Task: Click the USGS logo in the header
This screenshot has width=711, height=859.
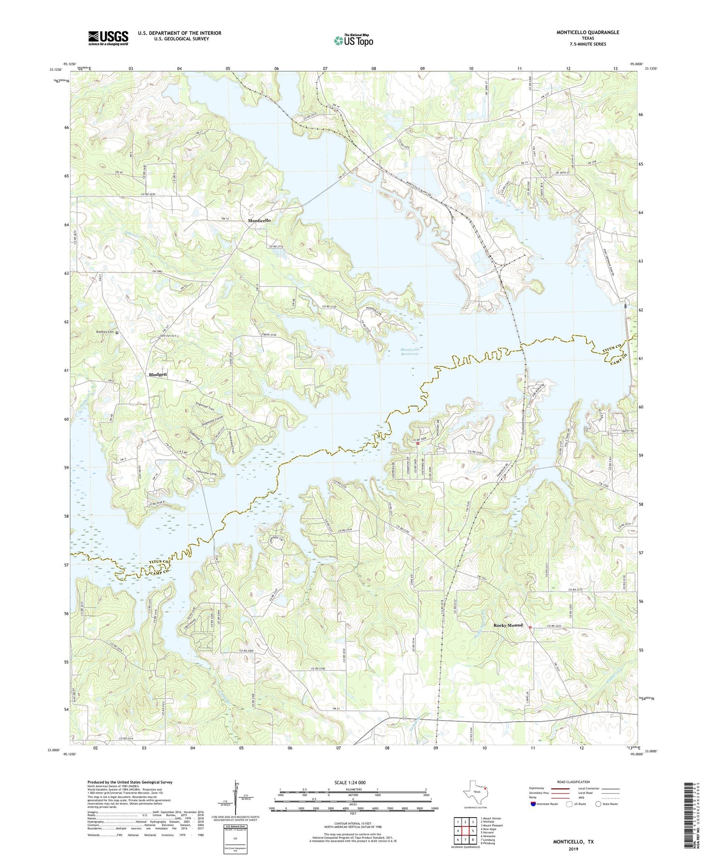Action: (x=108, y=38)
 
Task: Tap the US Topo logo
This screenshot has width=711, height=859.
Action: (x=353, y=40)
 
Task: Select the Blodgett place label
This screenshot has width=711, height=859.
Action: (x=158, y=374)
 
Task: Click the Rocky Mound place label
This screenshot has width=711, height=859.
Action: (x=508, y=625)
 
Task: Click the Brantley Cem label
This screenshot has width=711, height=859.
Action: (x=104, y=332)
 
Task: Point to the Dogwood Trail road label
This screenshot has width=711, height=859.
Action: (x=205, y=408)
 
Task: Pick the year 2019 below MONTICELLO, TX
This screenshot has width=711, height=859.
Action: (x=573, y=849)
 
